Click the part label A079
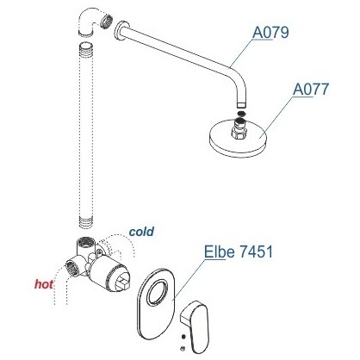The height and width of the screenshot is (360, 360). coord(270,33)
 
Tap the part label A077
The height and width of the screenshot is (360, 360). coord(311,90)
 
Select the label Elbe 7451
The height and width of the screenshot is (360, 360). coord(238,251)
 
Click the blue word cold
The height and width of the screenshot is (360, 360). coord(141,232)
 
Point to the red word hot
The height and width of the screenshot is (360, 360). coord(44,284)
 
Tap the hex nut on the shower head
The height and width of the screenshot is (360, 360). coord(238,133)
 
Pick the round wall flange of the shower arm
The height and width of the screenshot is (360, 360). coord(119,32)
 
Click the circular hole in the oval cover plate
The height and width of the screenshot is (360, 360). coord(157,292)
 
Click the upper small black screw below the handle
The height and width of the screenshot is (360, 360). coord(183,336)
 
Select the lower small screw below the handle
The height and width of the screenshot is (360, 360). coord(182,349)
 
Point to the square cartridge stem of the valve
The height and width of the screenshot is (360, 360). coord(123,282)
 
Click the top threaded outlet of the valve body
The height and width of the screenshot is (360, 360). coord(85,242)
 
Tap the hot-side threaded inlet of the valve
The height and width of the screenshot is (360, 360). coord(71,267)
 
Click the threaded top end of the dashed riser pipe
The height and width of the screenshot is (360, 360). coord(86,49)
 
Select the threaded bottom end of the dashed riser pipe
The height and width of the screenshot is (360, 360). coord(86,222)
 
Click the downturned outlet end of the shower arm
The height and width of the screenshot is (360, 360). coord(241,100)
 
